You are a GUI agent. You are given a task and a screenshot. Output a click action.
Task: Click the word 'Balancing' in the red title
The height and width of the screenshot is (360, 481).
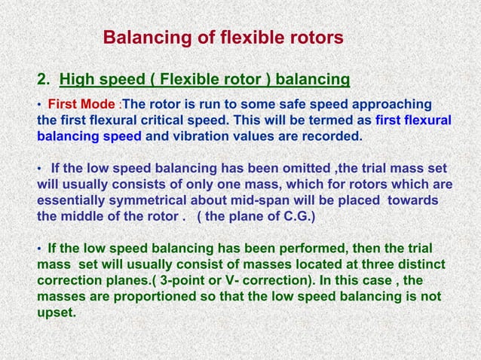coord(139,37)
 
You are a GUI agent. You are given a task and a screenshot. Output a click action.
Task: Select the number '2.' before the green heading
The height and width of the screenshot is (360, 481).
coord(44,78)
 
